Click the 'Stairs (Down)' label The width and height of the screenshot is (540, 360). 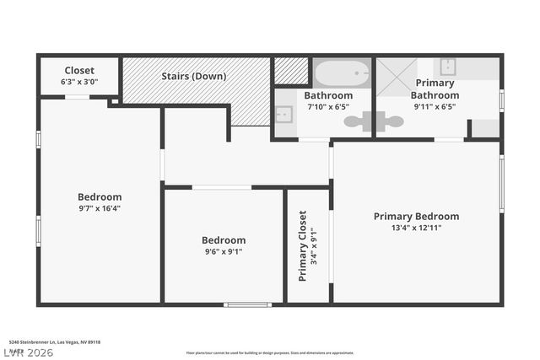point(193,76)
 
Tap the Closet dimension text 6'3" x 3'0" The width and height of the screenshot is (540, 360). point(79,83)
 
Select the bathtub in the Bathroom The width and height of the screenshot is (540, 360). point(342,73)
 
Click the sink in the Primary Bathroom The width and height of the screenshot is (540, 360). point(448,67)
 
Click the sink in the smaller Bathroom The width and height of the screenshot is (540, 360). point(283,115)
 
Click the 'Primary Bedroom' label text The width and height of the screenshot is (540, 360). point(416,217)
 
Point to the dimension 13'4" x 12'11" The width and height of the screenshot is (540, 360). point(416,228)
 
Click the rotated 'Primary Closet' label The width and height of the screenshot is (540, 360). point(303,245)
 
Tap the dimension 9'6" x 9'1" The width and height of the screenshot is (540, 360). point(224,251)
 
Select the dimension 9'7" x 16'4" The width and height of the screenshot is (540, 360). point(100,208)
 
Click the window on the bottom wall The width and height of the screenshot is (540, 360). point(247,304)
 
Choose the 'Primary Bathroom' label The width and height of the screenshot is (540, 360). point(435,89)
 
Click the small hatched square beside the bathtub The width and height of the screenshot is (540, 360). point(291,72)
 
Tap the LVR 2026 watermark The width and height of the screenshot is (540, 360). point(27,352)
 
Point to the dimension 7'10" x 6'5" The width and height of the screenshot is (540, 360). point(328,107)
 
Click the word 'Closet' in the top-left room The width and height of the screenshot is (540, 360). point(79,71)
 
